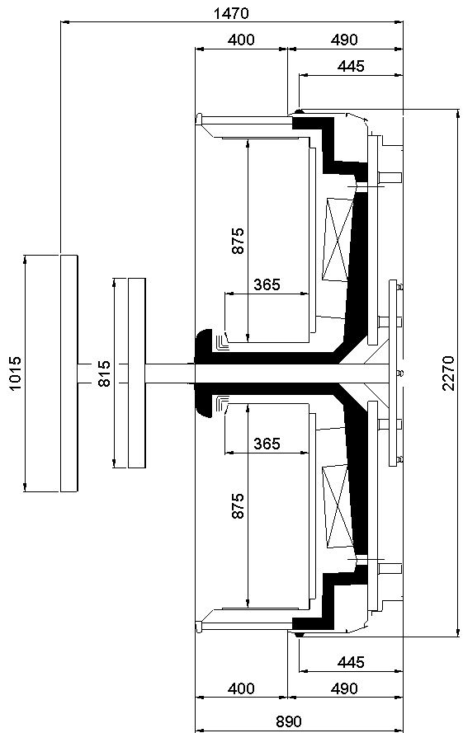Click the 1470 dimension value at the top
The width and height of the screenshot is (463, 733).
coord(231,13)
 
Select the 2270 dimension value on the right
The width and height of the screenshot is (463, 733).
coord(448,373)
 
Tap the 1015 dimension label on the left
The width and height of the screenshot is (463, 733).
coord(15,374)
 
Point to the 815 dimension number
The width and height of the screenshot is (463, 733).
coord(104,373)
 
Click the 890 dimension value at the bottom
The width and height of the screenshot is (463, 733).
coord(288,721)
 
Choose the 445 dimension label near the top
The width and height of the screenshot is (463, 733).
coord(351,67)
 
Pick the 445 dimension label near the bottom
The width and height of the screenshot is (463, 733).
coord(351,662)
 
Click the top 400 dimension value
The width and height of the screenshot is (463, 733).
coord(241,40)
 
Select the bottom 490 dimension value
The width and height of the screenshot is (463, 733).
coord(344,688)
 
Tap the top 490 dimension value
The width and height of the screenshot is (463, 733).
coord(344,40)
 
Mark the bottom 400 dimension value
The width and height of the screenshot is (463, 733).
coord(241,688)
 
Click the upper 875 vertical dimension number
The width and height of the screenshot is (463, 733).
coord(238,241)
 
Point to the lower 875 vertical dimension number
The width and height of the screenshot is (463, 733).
coord(238,505)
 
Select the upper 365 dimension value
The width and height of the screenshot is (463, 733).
coord(267,284)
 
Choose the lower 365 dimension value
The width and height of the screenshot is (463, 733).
coord(267,443)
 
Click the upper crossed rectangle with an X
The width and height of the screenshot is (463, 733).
coord(338,240)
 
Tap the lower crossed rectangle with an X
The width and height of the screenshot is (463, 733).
coord(338,506)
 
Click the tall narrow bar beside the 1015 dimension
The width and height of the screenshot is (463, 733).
coord(69,373)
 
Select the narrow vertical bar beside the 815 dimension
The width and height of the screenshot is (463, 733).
coord(137,373)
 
